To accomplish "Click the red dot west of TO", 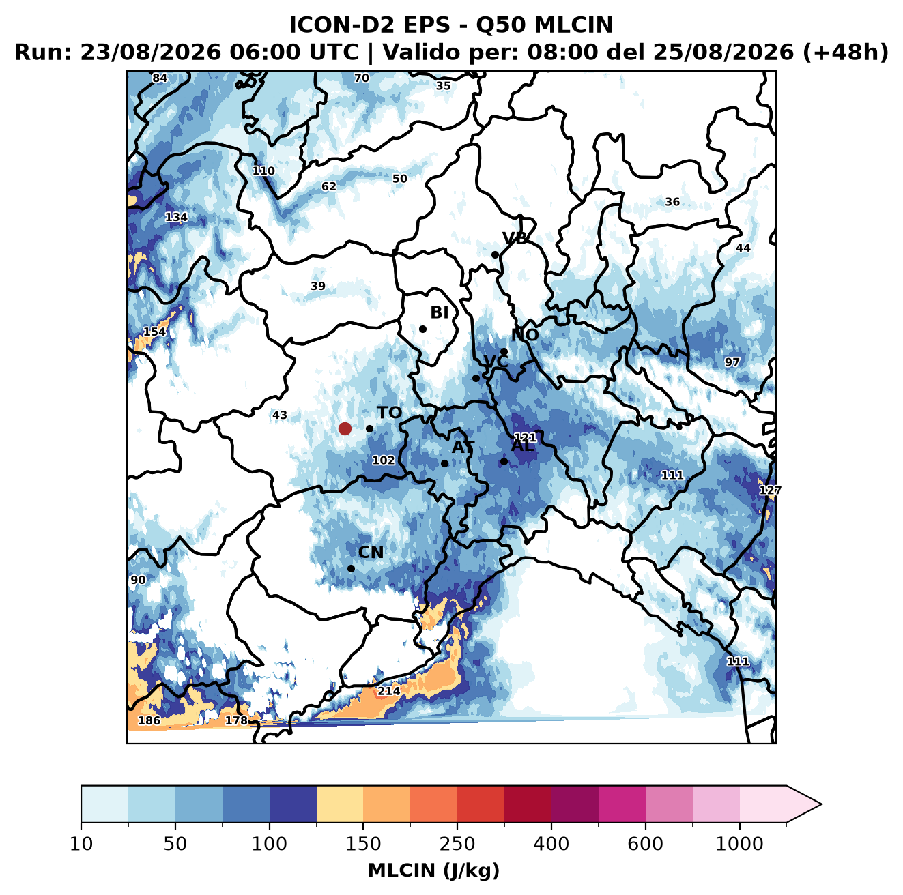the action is [345, 428].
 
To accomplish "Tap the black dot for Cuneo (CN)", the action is [351, 568].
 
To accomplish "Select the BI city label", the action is [440, 312].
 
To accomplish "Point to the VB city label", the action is [515, 238].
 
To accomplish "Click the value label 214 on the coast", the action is [389, 691].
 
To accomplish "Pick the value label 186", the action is [149, 720].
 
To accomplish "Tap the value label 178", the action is [236, 720].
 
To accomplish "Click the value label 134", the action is [177, 218].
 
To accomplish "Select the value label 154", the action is [155, 332].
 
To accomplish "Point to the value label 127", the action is [770, 490].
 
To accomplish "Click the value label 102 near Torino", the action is [384, 460].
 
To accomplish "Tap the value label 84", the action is [160, 78].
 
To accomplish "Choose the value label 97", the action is [732, 362].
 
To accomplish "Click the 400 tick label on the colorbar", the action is [551, 843].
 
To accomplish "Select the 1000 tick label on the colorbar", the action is [739, 843].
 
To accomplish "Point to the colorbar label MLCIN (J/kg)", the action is [433, 870].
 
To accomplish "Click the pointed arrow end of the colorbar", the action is [822, 805].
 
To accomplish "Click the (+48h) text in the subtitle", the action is [846, 53].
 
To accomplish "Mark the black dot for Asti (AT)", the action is [444, 464].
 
